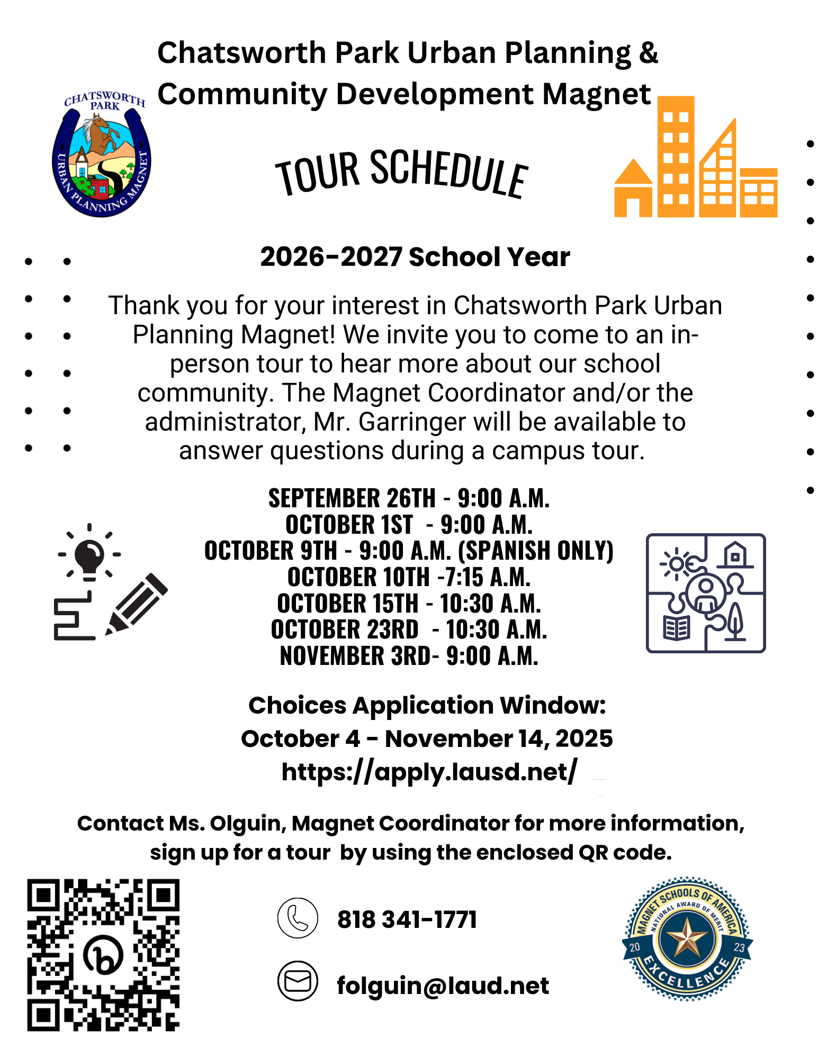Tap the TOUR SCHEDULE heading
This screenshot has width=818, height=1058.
(x=401, y=172)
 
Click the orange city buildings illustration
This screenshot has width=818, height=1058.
(x=696, y=159)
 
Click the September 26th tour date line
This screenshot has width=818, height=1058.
(x=409, y=498)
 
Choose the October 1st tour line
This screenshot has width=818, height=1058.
(x=409, y=525)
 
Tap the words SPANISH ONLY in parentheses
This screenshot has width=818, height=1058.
(x=535, y=551)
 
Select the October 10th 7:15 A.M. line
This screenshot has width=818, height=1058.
(x=409, y=577)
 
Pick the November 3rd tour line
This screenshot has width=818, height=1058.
(x=409, y=656)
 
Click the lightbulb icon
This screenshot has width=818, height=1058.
(x=89, y=554)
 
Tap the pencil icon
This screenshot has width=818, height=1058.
(x=137, y=603)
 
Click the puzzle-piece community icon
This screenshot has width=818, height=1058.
(x=705, y=593)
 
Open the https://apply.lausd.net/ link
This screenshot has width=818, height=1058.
(x=429, y=772)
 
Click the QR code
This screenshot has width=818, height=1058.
(x=103, y=955)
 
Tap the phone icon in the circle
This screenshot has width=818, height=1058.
(x=298, y=918)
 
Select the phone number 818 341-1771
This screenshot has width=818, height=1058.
(x=407, y=919)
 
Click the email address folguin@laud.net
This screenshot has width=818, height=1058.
(x=443, y=986)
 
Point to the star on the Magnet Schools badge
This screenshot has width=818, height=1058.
(x=687, y=937)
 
